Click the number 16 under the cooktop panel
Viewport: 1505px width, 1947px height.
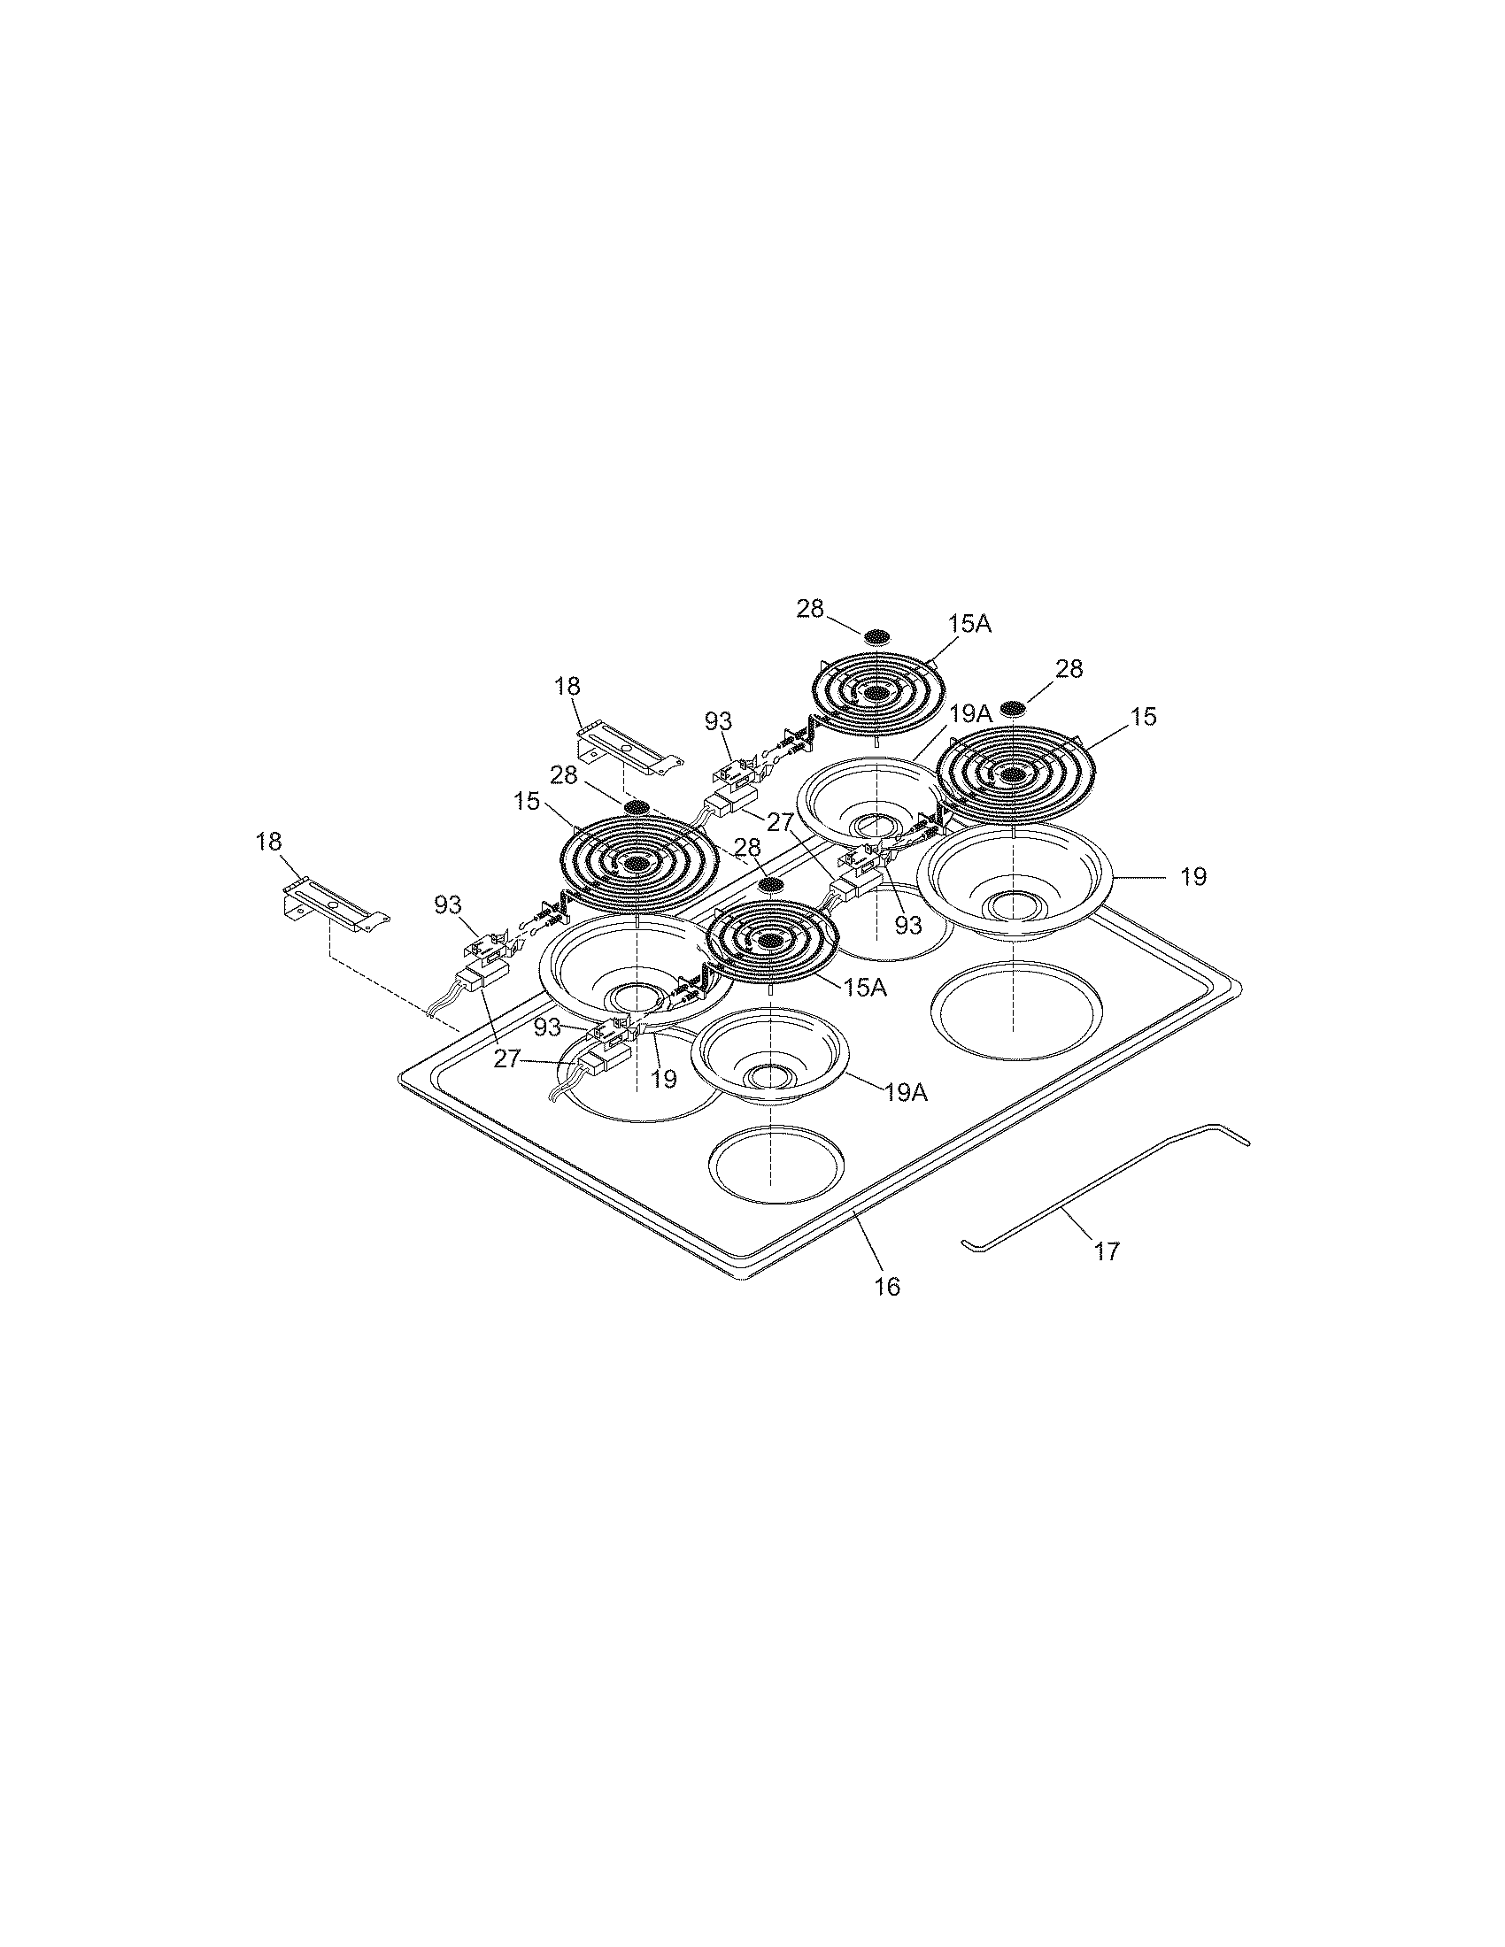(x=887, y=1287)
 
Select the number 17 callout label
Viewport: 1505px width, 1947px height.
(x=1106, y=1251)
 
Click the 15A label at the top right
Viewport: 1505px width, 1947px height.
(x=969, y=623)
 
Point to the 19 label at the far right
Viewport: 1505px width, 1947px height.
(x=1193, y=876)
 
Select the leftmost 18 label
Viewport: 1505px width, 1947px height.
(x=268, y=841)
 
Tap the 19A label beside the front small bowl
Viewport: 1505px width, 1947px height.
(x=906, y=1092)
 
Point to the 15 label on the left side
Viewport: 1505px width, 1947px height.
(x=526, y=802)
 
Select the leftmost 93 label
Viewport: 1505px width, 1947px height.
(x=448, y=904)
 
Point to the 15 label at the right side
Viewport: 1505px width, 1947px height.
(x=1144, y=716)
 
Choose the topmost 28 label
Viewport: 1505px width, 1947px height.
(x=809, y=608)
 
